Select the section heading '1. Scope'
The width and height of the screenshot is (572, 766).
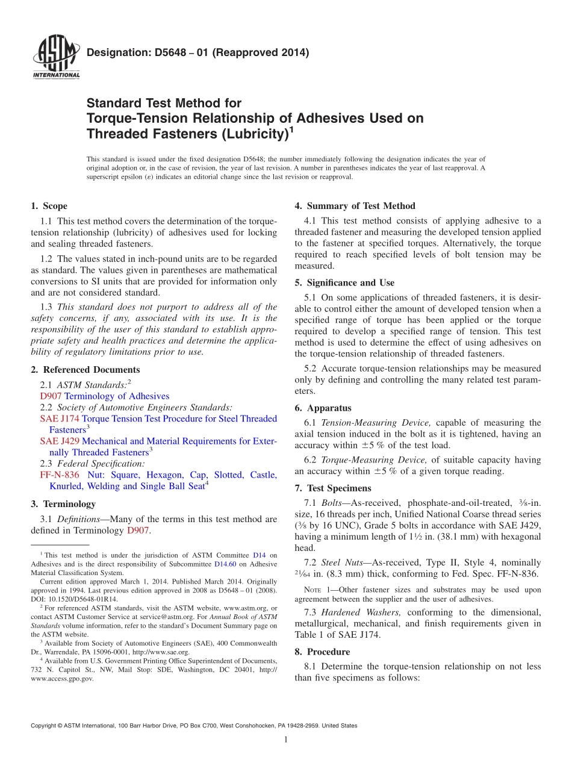click(49, 206)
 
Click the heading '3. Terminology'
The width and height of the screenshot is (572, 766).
click(63, 504)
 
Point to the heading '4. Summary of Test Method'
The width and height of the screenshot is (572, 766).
click(355, 206)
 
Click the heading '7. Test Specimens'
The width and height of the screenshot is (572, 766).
click(333, 488)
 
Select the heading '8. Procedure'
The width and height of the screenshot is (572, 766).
click(322, 652)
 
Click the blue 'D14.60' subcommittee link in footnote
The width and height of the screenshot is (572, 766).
click(223, 564)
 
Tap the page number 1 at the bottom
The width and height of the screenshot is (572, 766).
click(286, 740)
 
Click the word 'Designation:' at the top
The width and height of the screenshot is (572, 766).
click(113, 53)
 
